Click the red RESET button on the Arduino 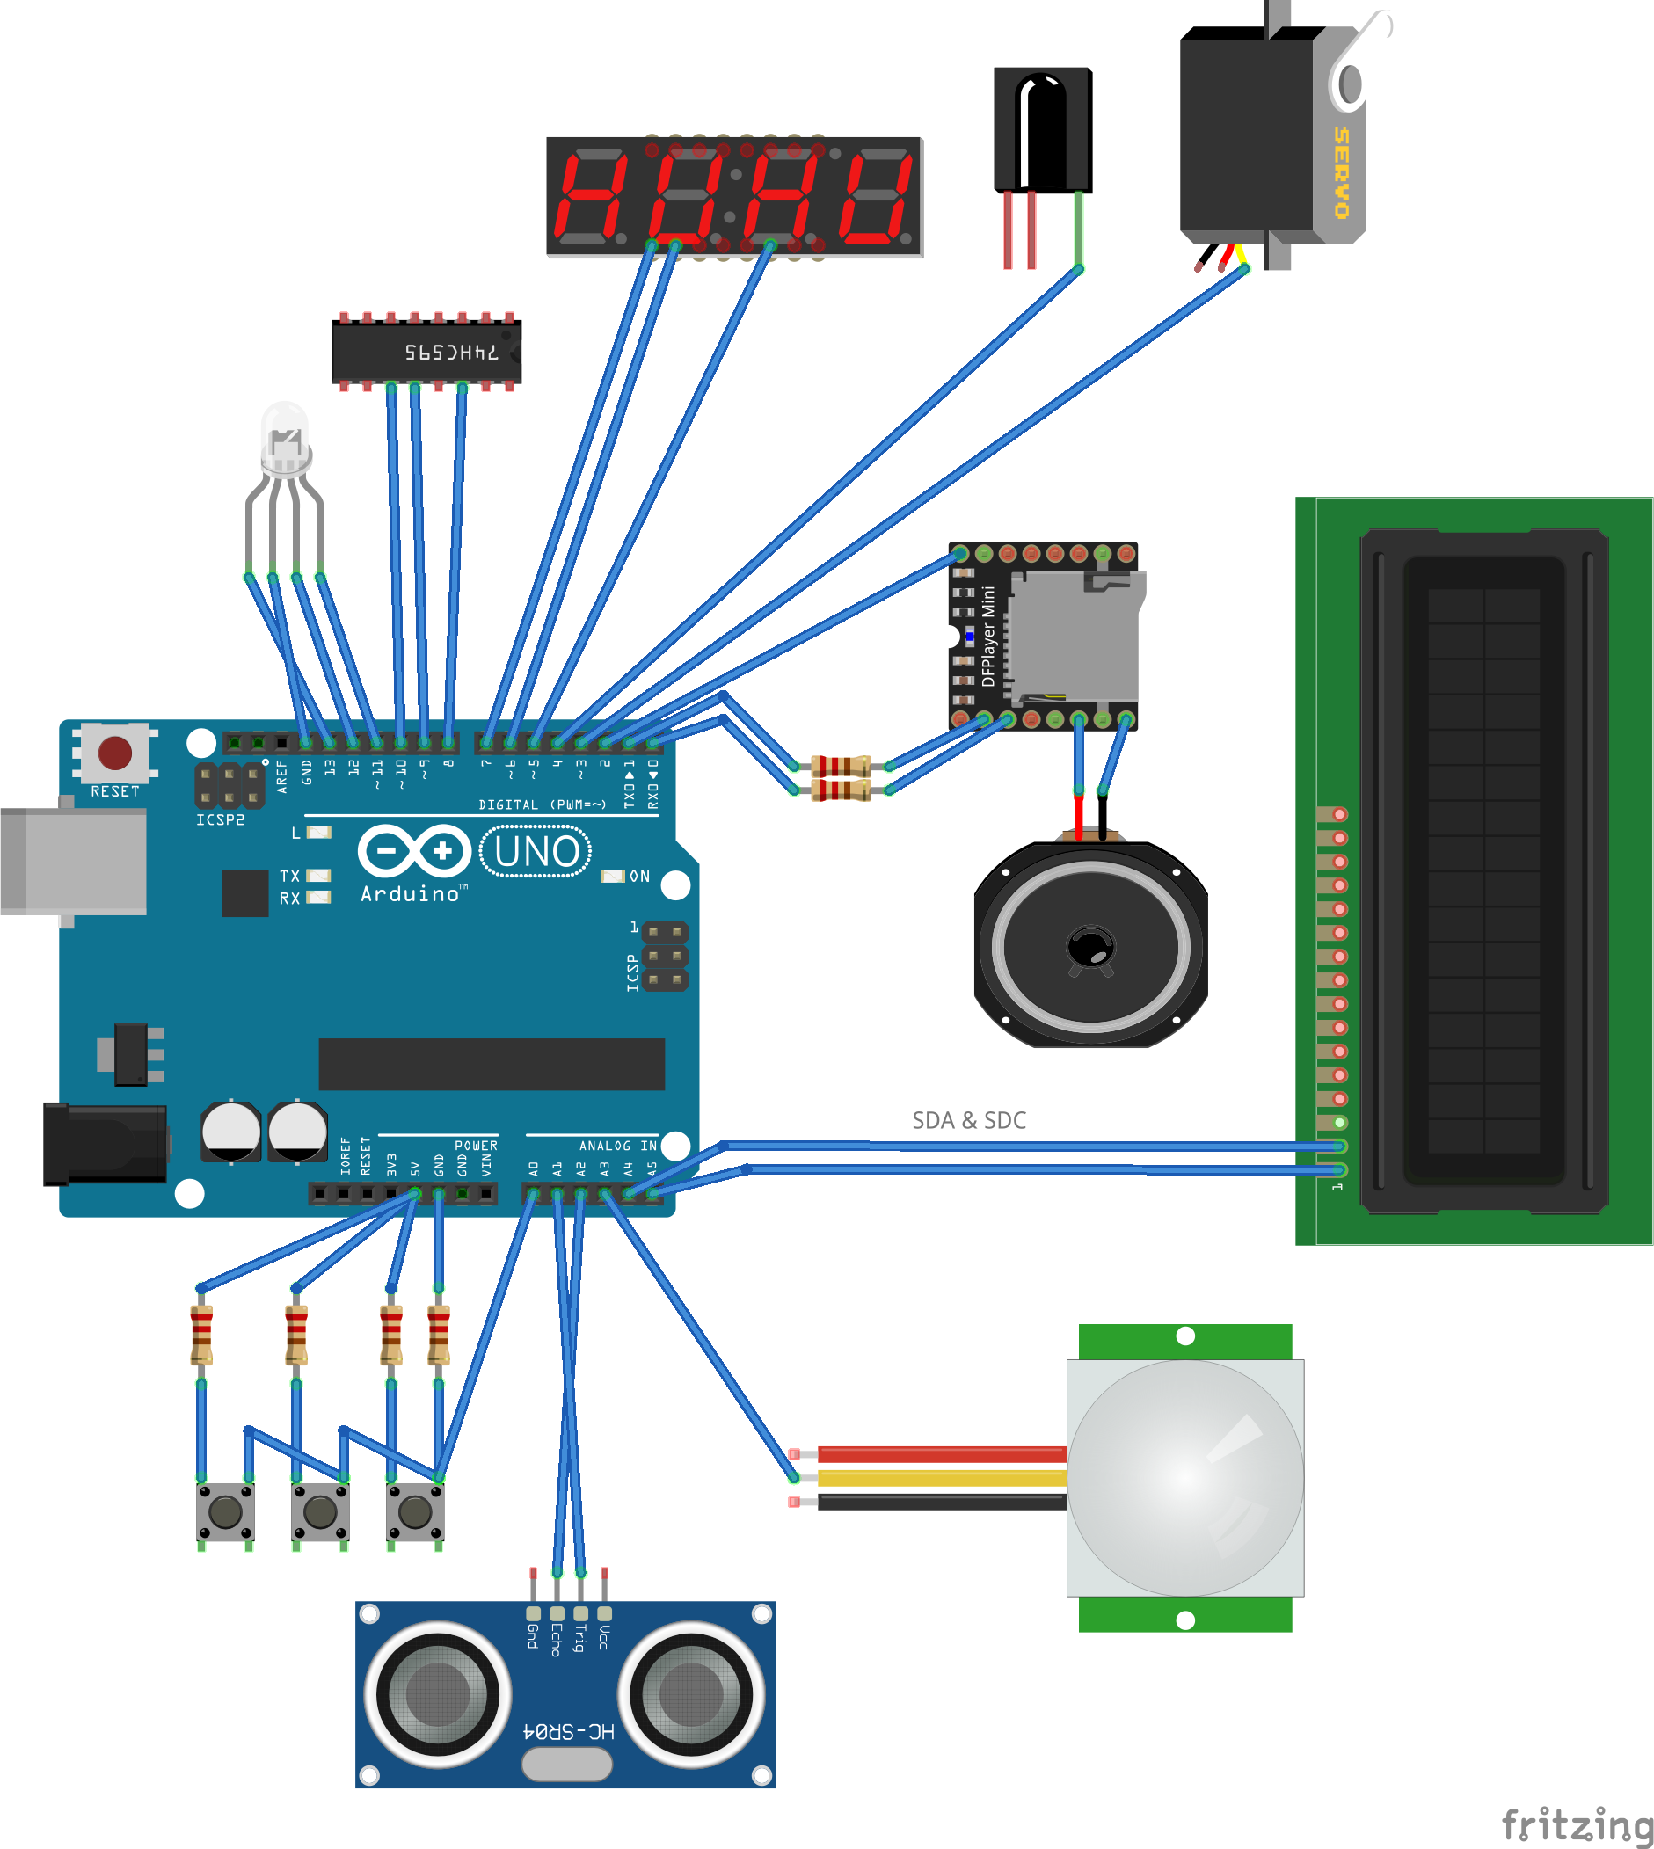pyautogui.click(x=114, y=753)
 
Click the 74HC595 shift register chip pyautogui.click(x=426, y=351)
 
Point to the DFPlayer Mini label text pyautogui.click(x=987, y=636)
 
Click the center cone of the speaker pyautogui.click(x=1089, y=947)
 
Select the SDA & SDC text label pyautogui.click(x=969, y=1120)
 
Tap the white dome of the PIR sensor pyautogui.click(x=1184, y=1476)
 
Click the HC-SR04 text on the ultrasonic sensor pyautogui.click(x=569, y=1731)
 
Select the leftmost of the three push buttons pyautogui.click(x=225, y=1512)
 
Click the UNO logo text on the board pyautogui.click(x=536, y=851)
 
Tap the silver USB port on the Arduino pyautogui.click(x=73, y=860)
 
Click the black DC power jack pyautogui.click(x=105, y=1144)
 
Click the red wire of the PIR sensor pyautogui.click(x=941, y=1453)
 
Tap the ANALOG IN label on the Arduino pyautogui.click(x=617, y=1146)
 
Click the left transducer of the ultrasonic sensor pyautogui.click(x=438, y=1693)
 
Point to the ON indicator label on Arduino pyautogui.click(x=639, y=876)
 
